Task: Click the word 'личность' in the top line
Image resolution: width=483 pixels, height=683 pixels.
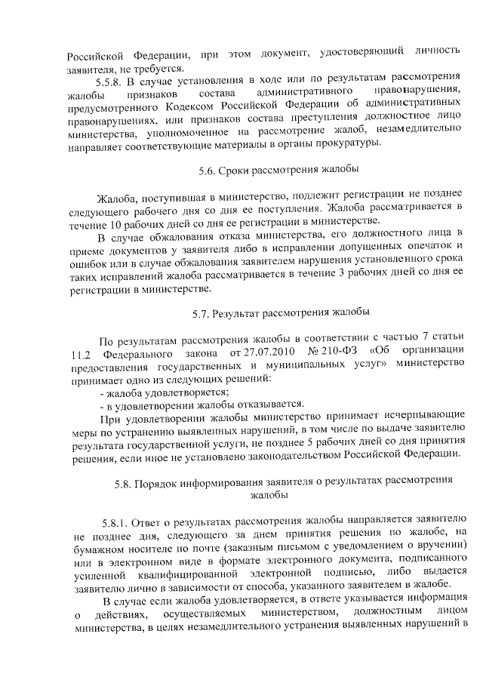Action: click(435, 51)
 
